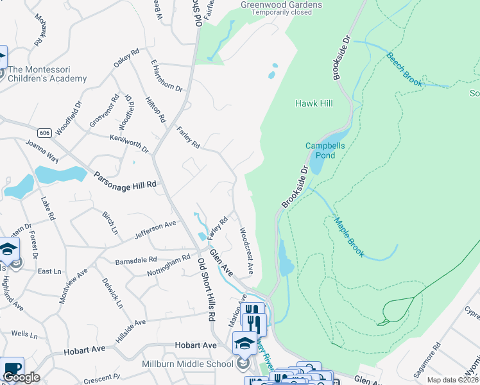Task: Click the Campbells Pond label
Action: point(325,150)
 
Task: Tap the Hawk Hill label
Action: point(313,103)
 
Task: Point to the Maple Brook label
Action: point(349,237)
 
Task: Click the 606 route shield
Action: point(44,133)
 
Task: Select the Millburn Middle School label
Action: point(187,364)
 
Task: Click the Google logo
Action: point(21,377)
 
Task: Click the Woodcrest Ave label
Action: point(246,248)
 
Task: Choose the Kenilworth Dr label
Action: point(130,143)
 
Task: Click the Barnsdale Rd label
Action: point(135,261)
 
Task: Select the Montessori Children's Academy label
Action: point(47,74)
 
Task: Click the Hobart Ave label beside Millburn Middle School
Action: point(196,345)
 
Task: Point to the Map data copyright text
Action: point(452,380)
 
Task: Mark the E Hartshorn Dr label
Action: point(167,76)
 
